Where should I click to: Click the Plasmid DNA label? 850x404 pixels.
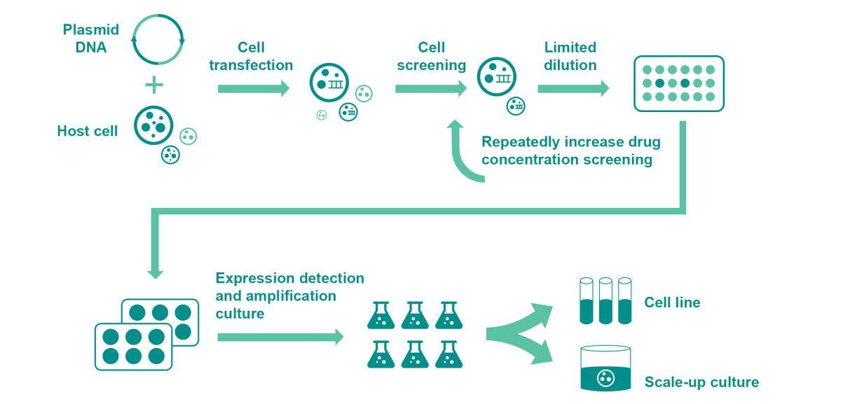pyautogui.click(x=90, y=38)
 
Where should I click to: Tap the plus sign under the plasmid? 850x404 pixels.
pyautogui.click(x=154, y=86)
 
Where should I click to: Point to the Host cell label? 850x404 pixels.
pyautogui.click(x=88, y=131)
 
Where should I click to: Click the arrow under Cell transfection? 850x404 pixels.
pyautogui.click(x=253, y=89)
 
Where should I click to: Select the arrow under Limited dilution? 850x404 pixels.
pyautogui.click(x=573, y=89)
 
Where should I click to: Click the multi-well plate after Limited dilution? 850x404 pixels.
pyautogui.click(x=678, y=83)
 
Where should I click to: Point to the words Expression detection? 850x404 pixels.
pyautogui.click(x=289, y=278)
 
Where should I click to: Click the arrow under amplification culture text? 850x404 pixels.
pyautogui.click(x=280, y=337)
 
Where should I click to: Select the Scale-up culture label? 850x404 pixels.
pyautogui.click(x=701, y=382)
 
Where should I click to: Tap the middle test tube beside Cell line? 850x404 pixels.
pyautogui.click(x=606, y=301)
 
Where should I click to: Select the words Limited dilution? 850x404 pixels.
pyautogui.click(x=570, y=57)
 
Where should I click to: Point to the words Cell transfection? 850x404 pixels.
pyautogui.click(x=251, y=57)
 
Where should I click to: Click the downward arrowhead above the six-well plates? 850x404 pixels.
pyautogui.click(x=156, y=270)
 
